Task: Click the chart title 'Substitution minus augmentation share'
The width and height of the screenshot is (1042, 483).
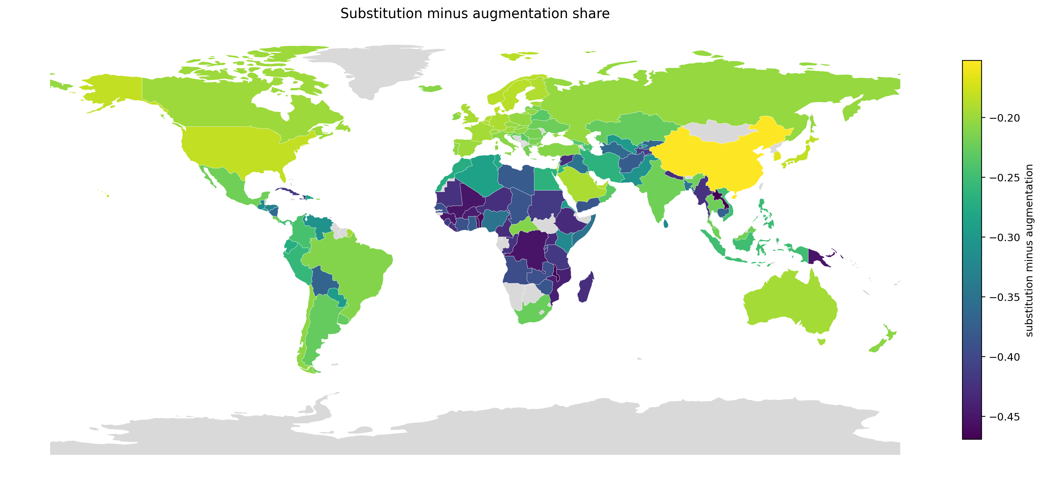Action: tap(475, 14)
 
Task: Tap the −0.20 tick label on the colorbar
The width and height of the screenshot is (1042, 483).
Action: tap(1004, 118)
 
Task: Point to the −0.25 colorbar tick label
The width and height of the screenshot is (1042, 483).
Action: tap(1004, 178)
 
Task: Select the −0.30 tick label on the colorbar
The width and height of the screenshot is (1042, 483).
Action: tap(1004, 238)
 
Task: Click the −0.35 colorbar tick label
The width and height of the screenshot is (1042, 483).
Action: tap(1004, 297)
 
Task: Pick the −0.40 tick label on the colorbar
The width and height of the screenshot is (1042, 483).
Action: tap(1004, 357)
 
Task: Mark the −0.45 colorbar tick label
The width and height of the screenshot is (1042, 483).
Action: tap(1004, 417)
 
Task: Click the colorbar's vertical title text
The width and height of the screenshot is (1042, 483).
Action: tap(1029, 250)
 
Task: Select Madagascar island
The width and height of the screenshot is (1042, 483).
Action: tap(585, 288)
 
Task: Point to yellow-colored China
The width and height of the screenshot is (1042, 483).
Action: tap(712, 162)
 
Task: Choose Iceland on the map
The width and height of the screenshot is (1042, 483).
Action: tap(430, 88)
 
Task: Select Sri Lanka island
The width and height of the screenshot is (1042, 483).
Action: tap(666, 223)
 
